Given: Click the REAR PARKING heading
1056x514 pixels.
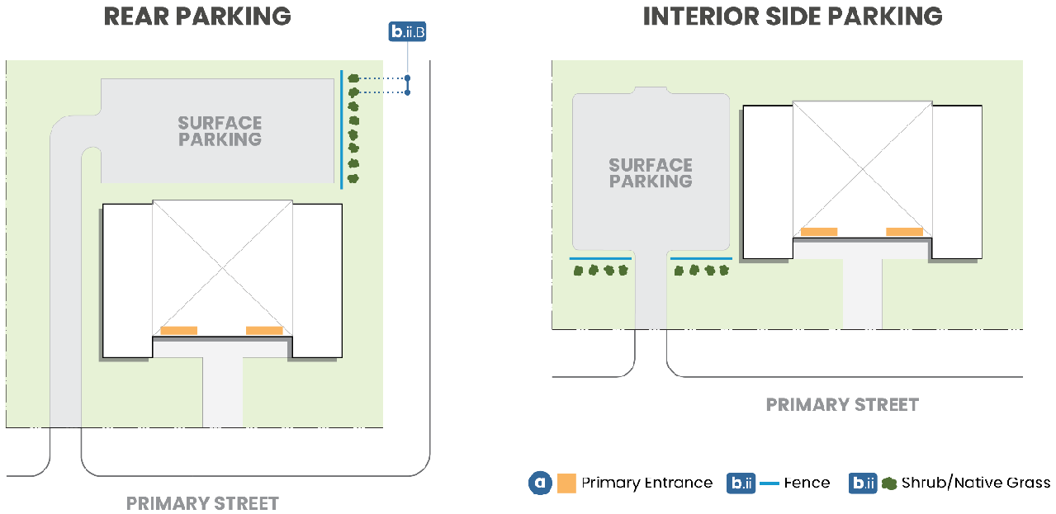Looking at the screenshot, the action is pos(197,17).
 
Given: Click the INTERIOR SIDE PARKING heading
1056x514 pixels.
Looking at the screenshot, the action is pos(793,17).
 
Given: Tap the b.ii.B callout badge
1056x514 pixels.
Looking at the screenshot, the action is pos(407,31).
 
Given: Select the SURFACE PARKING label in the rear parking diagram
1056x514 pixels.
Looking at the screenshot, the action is pos(220,131).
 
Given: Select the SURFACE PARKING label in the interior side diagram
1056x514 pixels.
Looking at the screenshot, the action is pos(651,173).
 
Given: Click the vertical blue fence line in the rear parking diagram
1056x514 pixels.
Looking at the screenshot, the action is pos(341,130).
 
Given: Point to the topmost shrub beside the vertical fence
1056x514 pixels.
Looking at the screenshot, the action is pos(353,78).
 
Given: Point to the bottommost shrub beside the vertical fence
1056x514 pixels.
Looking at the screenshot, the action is pos(353,178).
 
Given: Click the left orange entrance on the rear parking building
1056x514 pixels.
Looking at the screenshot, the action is pos(178,331).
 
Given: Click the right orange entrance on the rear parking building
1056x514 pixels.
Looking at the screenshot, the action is pos(264,331).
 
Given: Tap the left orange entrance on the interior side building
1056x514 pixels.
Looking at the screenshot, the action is pos(819,232).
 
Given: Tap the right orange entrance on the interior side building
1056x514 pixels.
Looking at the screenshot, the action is pos(904,232).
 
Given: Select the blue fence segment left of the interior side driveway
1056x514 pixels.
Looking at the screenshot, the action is pos(600,258).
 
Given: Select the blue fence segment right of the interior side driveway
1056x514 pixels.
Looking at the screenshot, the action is pos(701,258).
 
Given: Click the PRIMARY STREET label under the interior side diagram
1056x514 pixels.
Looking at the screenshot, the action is pos(842,405).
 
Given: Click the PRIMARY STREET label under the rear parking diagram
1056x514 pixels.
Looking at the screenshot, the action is pos(202,503).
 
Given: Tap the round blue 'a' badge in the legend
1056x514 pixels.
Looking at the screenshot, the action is pos(540,483).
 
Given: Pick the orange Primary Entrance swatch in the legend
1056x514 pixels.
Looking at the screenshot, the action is pos(566,483).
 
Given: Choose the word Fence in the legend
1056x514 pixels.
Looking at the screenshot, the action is pos(807,483).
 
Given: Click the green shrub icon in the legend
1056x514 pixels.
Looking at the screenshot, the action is pos(889,483).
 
